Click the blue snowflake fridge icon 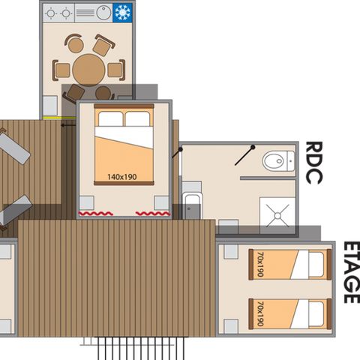(122, 13)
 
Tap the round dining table (89, 70)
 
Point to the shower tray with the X (278, 216)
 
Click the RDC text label (314, 162)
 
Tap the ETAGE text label (349, 271)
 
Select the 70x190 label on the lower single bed (259, 313)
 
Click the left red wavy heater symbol (96, 214)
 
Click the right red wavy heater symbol (152, 214)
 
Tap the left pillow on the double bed (110, 119)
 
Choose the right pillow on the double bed (137, 119)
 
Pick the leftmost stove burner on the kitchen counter (51, 13)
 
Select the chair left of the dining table (62, 70)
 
